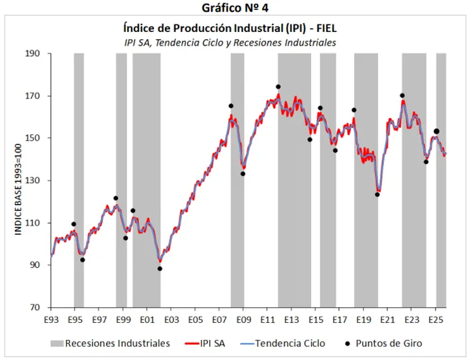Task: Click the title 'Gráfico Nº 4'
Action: point(239,8)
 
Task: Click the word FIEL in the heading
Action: point(325,28)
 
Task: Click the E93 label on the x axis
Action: point(51,320)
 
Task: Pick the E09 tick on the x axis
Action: point(243,320)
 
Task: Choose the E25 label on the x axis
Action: point(436,320)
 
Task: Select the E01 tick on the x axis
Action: point(147,320)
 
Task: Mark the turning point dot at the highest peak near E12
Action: point(278,87)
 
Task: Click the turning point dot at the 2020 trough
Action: point(377,194)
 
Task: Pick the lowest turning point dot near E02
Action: point(160,269)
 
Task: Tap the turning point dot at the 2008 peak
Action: point(231,106)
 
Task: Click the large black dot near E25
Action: point(437,131)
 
